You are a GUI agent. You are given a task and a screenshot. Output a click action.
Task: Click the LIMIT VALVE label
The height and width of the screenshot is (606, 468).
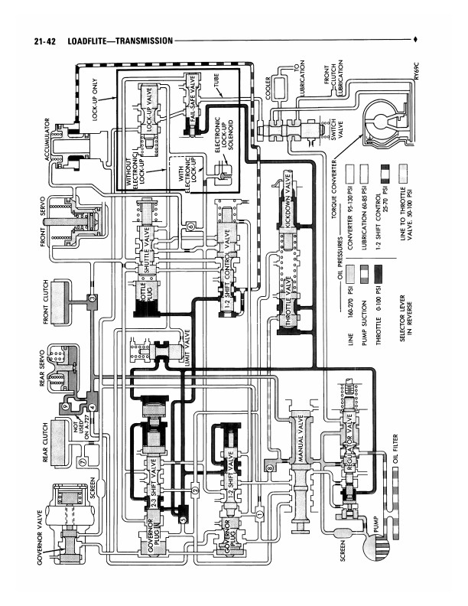(x=187, y=347)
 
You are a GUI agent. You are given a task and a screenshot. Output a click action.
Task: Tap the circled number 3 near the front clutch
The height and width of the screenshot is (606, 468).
(x=91, y=297)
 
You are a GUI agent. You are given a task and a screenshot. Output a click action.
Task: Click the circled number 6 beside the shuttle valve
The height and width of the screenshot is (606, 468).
(x=190, y=225)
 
